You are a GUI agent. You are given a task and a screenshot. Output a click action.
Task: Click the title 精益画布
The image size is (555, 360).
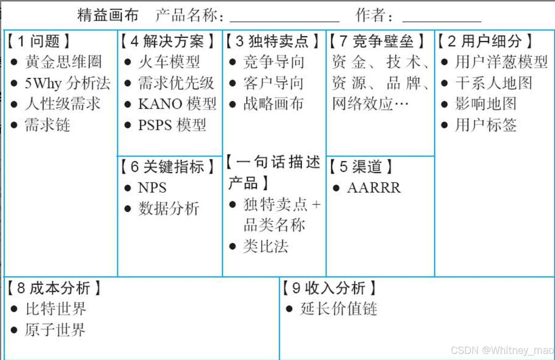pyautogui.click(x=108, y=15)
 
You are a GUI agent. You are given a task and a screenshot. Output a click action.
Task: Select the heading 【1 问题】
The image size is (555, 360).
pyautogui.click(x=38, y=41)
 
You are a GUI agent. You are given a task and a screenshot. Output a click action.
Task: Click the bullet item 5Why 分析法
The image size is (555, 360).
pyautogui.click(x=67, y=83)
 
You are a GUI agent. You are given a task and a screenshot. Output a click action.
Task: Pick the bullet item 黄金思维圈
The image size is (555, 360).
pyautogui.click(x=63, y=62)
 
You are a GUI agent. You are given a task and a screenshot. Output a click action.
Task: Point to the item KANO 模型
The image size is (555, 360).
pyautogui.click(x=177, y=104)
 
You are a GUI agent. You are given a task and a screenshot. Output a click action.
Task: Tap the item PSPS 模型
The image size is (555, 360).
pyautogui.click(x=172, y=125)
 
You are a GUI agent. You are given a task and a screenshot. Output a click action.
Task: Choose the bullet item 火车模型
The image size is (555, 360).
pyautogui.click(x=169, y=62)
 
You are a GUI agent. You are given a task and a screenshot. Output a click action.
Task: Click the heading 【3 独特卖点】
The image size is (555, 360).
pyautogui.click(x=273, y=41)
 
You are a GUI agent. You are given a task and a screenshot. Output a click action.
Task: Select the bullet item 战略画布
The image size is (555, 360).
pyautogui.click(x=273, y=104)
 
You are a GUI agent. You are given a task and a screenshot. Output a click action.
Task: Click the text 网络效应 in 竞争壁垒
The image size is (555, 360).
pyautogui.click(x=363, y=104)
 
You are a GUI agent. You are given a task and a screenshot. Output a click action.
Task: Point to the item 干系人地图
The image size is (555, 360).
pyautogui.click(x=493, y=83)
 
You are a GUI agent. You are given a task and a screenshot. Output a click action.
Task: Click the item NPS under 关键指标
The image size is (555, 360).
pyautogui.click(x=152, y=188)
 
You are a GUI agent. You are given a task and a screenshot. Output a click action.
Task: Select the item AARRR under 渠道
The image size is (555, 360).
pyautogui.click(x=374, y=188)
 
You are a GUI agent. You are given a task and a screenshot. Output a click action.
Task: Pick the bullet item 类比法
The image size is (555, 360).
pyautogui.click(x=266, y=246)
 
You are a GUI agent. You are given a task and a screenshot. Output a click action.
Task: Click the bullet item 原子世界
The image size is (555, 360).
pyautogui.click(x=55, y=330)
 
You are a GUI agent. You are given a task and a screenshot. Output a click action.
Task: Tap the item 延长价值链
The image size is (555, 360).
pyautogui.click(x=339, y=309)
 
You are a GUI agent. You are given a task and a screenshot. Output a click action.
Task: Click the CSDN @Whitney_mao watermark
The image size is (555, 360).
pyautogui.click(x=502, y=350)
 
